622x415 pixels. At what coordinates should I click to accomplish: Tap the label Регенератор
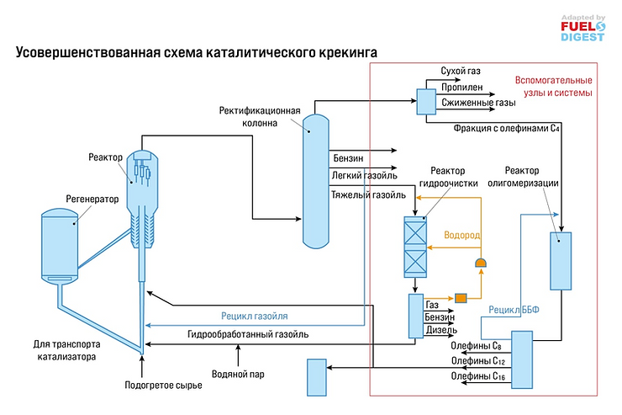(x=92, y=200)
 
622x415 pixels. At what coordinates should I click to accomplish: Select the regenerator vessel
(x=60, y=244)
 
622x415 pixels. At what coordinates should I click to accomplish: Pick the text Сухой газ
(x=461, y=72)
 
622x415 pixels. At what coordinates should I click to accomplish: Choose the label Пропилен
(x=462, y=87)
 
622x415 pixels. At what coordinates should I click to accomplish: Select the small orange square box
(x=460, y=297)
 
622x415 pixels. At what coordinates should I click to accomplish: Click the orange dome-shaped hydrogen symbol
(x=482, y=264)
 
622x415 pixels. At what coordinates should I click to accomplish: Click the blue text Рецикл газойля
(x=255, y=317)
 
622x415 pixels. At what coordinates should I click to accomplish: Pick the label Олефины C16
(x=477, y=376)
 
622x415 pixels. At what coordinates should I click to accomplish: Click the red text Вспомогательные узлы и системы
(x=553, y=88)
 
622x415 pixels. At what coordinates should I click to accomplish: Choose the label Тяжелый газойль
(x=369, y=194)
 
